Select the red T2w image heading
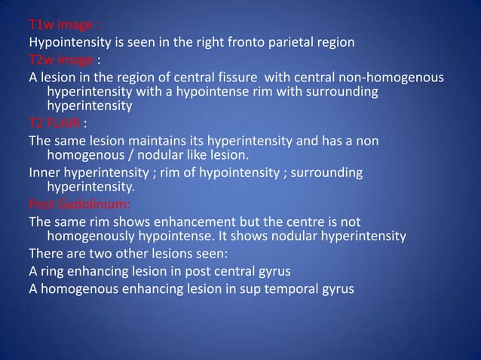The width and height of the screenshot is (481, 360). (62, 60)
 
